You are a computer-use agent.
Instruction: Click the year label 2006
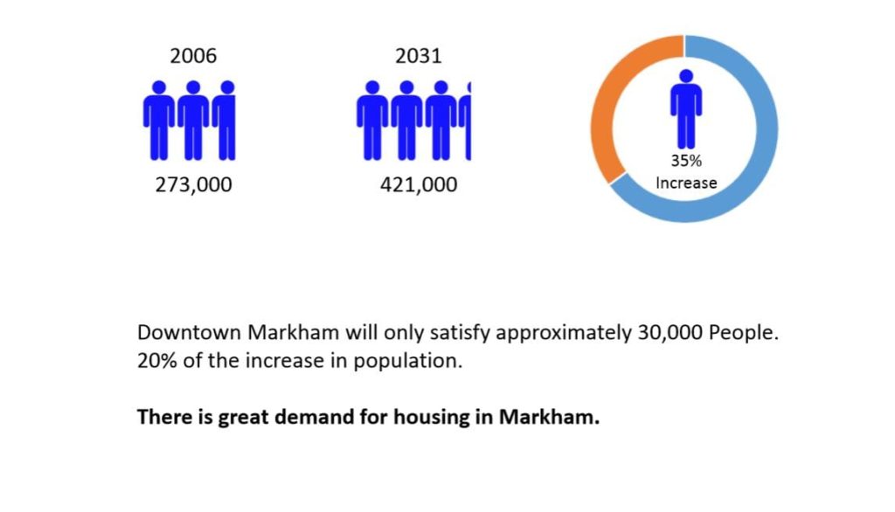coord(193,56)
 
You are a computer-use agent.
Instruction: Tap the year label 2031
coord(419,56)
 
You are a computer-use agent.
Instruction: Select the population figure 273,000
coord(193,185)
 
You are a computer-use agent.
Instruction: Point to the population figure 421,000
coord(419,185)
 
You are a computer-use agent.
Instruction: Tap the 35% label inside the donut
coord(686,161)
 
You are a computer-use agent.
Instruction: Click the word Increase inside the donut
coord(686,183)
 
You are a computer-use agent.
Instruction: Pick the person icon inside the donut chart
coord(686,109)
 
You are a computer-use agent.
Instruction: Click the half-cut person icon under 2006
coord(225,121)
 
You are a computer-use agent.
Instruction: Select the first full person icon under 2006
coord(159,121)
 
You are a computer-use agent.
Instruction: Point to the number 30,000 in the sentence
coord(670,333)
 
